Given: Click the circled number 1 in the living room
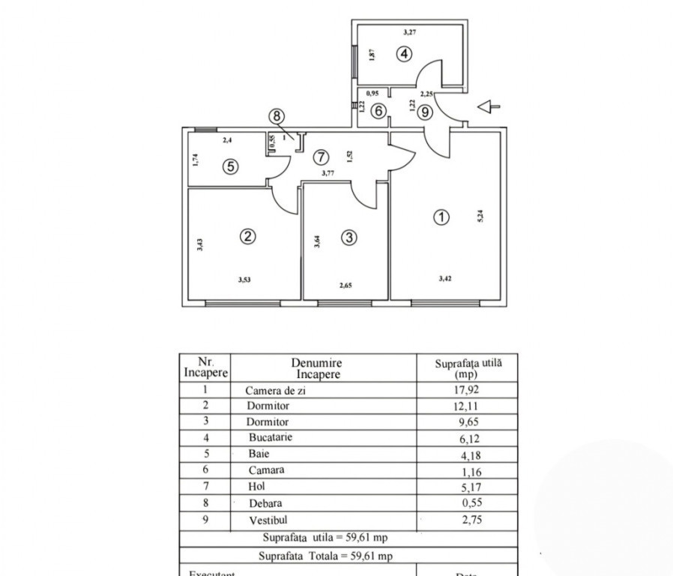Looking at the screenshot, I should (442, 217).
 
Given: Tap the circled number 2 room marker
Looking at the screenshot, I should (247, 236).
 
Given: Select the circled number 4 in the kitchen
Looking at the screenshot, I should (404, 54).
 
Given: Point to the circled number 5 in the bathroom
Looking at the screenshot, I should (231, 166).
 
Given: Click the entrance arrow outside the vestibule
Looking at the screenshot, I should (488, 107).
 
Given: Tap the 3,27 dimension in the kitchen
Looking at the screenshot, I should (409, 31).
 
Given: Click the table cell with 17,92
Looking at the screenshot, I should (468, 390).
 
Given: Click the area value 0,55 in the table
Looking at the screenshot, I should (469, 503).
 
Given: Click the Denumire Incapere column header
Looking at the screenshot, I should (318, 367).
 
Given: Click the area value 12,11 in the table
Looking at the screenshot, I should (468, 406).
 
